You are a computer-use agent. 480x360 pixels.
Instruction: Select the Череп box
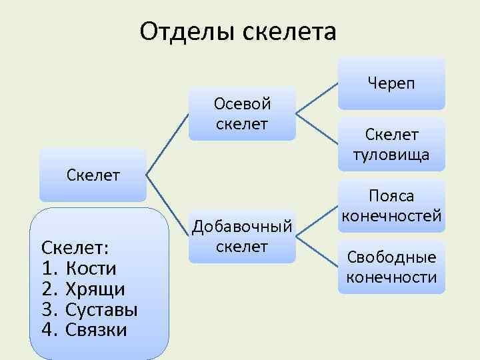point(391,83)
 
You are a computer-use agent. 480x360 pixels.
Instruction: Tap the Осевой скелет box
point(241,113)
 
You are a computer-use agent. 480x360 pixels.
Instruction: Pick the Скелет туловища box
point(391,145)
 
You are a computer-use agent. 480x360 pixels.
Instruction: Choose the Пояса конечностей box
point(391,206)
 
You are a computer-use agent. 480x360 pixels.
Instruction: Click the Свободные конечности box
point(391,267)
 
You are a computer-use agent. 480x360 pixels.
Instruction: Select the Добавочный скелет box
point(241,236)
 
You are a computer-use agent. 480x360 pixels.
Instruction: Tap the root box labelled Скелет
point(93,175)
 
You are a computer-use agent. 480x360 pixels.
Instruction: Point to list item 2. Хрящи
point(83,289)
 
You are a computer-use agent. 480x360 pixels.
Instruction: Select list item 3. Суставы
point(89,309)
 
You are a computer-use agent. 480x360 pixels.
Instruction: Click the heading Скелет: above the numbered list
point(75,247)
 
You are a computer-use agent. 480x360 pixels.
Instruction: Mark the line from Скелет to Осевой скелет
point(167,144)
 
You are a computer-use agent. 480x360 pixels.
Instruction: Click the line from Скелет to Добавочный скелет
point(167,205)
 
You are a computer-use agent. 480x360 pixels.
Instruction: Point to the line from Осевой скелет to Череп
point(317,99)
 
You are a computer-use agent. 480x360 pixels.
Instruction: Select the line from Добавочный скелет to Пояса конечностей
point(317,221)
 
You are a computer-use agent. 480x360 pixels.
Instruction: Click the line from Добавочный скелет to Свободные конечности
point(317,252)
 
